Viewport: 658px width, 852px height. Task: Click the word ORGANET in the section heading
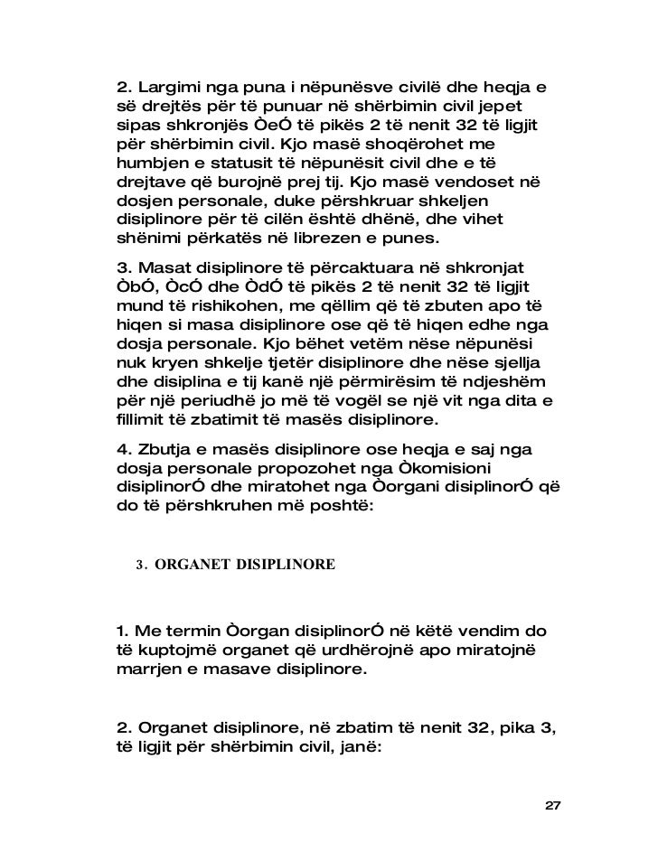(x=194, y=566)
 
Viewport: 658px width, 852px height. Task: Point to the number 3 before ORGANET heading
(x=140, y=566)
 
